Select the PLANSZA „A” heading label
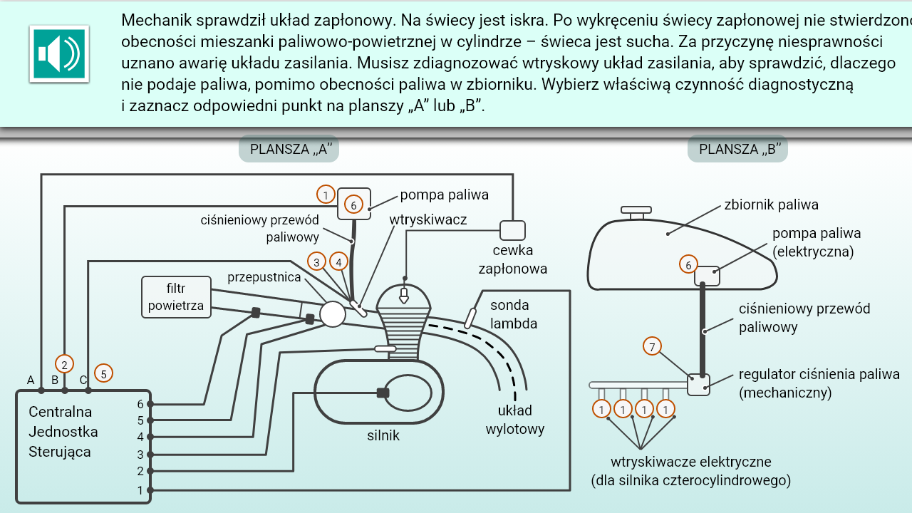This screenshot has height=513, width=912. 289,149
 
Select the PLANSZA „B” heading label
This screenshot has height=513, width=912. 737,149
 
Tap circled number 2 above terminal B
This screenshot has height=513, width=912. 64,364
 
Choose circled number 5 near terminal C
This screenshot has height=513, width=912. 103,373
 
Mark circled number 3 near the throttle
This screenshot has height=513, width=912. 317,262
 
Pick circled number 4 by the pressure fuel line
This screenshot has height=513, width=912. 339,262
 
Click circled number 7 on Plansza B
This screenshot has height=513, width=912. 652,346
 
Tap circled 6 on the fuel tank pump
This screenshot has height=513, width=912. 688,265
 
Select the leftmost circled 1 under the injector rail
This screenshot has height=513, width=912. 602,409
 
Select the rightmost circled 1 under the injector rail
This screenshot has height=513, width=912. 665,409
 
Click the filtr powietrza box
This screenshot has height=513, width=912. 176,297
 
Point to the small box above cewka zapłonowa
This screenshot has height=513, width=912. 512,230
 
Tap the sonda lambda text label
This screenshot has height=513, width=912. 509,314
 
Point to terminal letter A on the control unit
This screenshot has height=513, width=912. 31,380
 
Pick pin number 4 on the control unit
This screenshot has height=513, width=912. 140,437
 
